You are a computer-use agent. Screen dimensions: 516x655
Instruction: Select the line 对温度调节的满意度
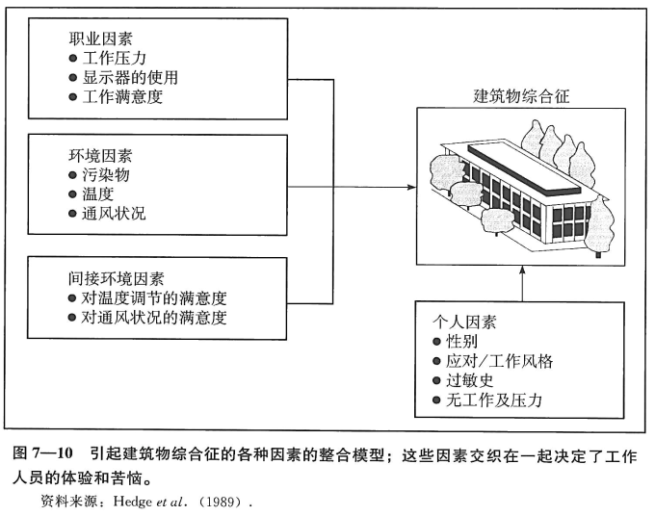click(x=154, y=297)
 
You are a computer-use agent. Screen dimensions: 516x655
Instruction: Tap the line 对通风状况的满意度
click(x=154, y=317)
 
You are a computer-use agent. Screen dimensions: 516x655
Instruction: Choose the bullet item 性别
click(x=461, y=342)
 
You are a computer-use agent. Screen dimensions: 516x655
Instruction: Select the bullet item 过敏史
click(x=470, y=380)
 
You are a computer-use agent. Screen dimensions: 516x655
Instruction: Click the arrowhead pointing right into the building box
click(x=409, y=187)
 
